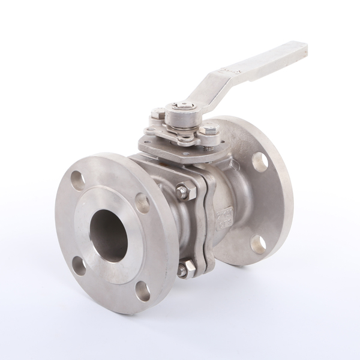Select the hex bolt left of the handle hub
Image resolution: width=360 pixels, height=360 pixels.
155,114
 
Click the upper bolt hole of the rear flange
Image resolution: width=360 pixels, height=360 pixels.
260,160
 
